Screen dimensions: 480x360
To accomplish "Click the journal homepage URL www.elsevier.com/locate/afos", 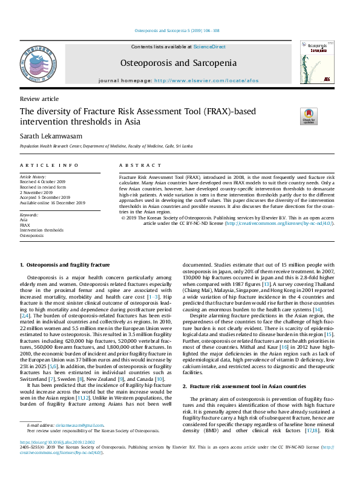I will tap(205, 80).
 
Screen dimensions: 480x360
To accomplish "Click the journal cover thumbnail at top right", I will tap(318, 62).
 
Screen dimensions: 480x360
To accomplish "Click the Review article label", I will tap(39, 99).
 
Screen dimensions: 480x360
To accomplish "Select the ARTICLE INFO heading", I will tap(49, 165).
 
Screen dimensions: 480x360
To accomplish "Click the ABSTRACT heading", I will tap(136, 165).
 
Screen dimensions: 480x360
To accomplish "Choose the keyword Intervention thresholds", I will tap(41, 230).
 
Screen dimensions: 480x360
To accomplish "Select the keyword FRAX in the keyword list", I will tap(25, 225).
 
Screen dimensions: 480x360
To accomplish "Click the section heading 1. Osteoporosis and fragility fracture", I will tap(65, 265).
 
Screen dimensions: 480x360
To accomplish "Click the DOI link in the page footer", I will tap(57, 442).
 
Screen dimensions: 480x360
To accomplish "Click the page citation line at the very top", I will tap(177, 30).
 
